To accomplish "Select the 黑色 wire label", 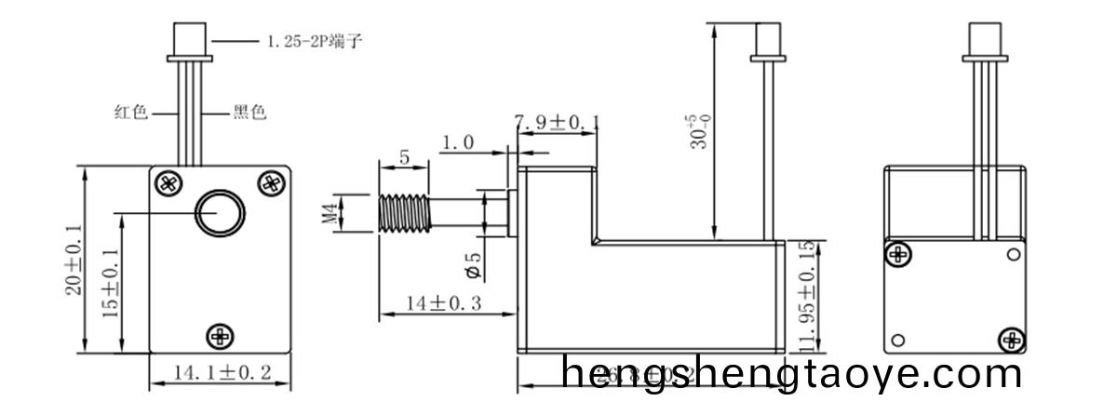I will (249, 113).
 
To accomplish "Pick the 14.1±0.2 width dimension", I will (222, 373).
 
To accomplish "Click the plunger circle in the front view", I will (220, 213).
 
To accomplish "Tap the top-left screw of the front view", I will (168, 182).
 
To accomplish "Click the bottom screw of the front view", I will (221, 335).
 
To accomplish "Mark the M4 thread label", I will (328, 213).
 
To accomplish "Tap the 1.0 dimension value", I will (457, 143).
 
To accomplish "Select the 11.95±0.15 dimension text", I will (806, 297).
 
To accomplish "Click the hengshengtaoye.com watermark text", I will (792, 375).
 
